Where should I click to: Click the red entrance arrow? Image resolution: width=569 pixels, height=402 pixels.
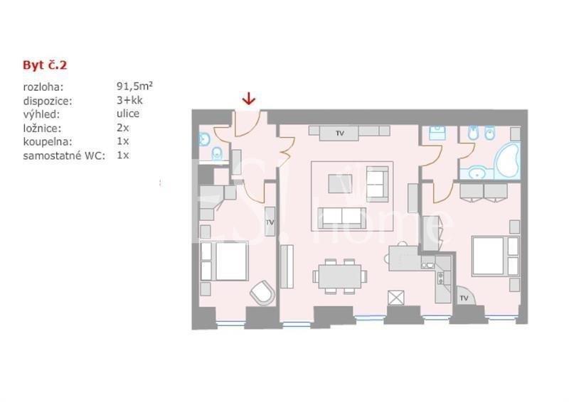(248, 99)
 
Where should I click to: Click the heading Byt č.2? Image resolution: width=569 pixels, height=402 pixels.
(45, 65)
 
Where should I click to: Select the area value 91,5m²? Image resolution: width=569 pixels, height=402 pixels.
(134, 86)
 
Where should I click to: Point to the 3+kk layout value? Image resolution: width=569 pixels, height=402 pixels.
(129, 100)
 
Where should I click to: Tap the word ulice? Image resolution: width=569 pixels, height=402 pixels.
(128, 114)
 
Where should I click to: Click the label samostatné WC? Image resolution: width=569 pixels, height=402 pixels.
(64, 156)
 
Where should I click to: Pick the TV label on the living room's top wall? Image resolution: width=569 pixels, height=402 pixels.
(340, 134)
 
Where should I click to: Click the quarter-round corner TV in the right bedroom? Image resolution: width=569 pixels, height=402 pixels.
(464, 295)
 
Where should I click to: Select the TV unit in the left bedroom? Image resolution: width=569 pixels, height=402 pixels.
(270, 222)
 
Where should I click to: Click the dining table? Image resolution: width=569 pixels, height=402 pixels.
(340, 276)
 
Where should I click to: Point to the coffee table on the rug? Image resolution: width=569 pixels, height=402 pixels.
(340, 184)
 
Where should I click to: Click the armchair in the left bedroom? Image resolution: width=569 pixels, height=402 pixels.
(262, 293)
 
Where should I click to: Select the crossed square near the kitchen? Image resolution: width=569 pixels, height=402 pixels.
(396, 298)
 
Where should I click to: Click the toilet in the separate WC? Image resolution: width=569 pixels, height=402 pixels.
(217, 153)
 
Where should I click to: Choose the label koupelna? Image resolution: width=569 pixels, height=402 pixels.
(48, 142)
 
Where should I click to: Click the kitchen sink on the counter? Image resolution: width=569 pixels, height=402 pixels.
(427, 266)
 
